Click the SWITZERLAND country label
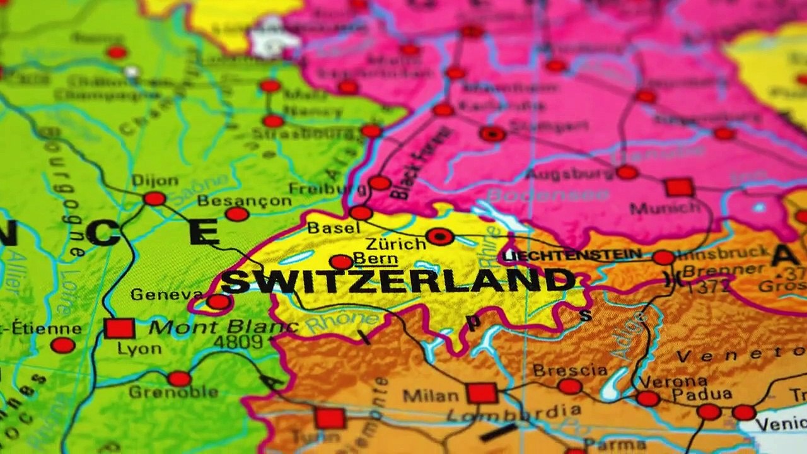pos(397,281)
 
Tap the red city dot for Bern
pos(341,262)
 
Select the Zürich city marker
pos(439,237)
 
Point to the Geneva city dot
pos(218,302)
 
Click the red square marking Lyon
pos(119,329)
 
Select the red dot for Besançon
pos(237,214)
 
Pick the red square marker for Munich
pos(679,187)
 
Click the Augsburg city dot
pos(627,172)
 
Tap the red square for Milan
pos(482,393)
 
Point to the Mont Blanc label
pos(223,327)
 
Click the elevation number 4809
pos(238,342)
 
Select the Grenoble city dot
pos(179,379)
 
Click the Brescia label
pos(570,370)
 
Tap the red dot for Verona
pos(647,399)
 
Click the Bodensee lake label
pos(548,195)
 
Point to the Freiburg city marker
pos(380,183)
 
